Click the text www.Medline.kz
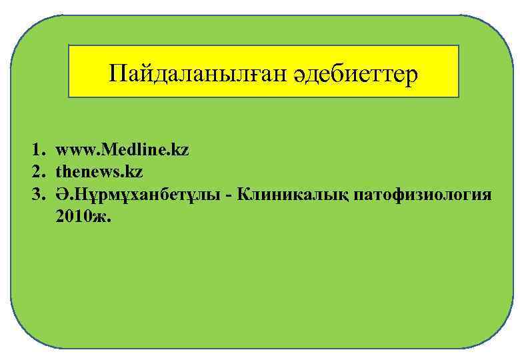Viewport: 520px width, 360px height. pyautogui.click(x=122, y=151)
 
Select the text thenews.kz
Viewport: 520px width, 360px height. pyautogui.click(x=99, y=173)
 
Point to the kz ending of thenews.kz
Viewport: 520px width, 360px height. pyautogui.click(x=134, y=173)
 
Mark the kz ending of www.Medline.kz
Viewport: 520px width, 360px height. pyautogui.click(x=180, y=151)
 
